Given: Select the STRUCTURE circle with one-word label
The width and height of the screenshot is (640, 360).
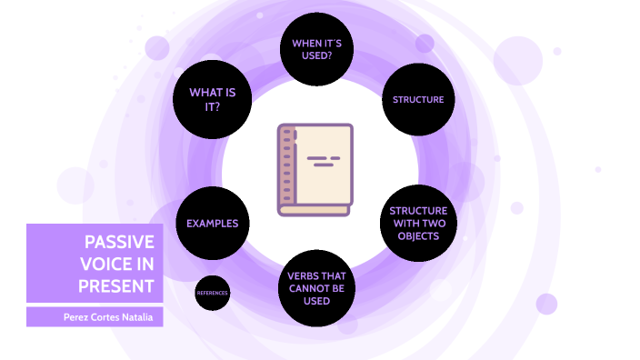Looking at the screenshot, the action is click(x=418, y=99).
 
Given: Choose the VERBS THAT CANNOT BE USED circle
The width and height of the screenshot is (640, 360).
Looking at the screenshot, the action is click(x=316, y=288).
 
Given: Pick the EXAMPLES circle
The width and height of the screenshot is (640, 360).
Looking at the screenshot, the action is click(x=213, y=223).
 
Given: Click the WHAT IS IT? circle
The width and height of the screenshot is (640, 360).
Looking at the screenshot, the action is click(x=212, y=99).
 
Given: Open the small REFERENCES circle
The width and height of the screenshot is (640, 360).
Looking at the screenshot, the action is click(x=212, y=293).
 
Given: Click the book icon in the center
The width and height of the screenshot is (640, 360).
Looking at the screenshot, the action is click(x=315, y=170).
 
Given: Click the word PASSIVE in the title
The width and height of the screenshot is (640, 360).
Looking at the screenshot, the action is click(x=119, y=242).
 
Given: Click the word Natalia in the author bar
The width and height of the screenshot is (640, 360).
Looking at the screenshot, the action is click(x=142, y=317).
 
